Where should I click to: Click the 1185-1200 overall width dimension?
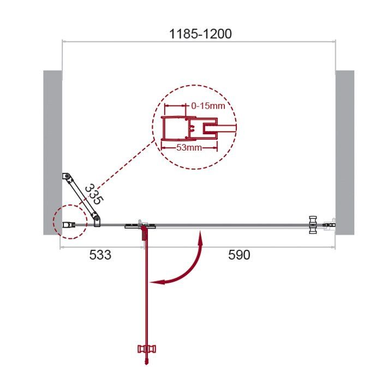[200, 34]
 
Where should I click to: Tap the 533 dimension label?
[100, 255]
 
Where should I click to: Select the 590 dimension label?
[239, 255]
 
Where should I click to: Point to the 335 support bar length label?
[94, 194]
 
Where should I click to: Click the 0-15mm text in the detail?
[208, 106]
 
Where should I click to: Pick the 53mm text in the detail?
[189, 147]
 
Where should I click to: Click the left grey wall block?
[52, 152]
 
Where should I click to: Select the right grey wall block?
[345, 152]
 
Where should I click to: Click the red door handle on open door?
[146, 349]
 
